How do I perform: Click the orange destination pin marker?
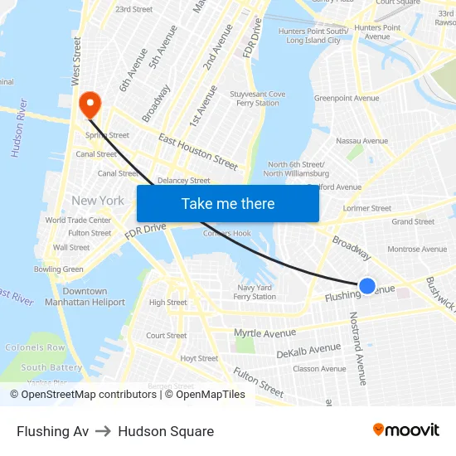pos(89,104)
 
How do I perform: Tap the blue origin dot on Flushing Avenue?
pos(367,286)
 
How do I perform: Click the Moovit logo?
pos(405,429)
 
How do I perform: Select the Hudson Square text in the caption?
pos(166,431)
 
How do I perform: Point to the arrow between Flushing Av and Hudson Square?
pos(104,431)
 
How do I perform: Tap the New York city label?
pos(98,201)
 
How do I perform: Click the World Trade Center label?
pos(78,221)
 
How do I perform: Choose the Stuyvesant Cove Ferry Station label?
pos(256,99)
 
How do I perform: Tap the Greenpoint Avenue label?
pos(347,98)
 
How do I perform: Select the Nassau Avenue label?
pos(362,141)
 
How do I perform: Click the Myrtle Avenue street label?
pos(264,333)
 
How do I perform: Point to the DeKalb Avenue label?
pos(308,351)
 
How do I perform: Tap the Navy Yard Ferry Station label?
pos(255,292)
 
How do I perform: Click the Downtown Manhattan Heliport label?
pos(85,297)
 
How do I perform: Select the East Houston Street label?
pos(197,152)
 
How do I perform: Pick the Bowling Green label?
pos(59,269)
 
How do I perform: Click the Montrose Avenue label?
pos(417,249)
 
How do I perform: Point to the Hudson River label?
pos(18,129)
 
